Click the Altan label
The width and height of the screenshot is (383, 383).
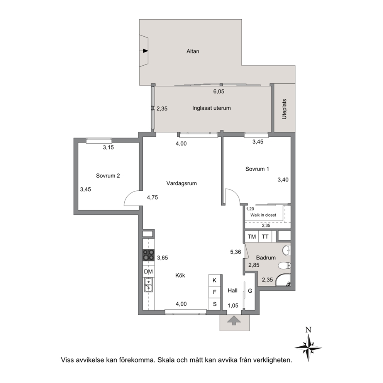pyautogui.click(x=193, y=51)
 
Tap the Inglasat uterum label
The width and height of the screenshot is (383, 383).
pyautogui.click(x=211, y=108)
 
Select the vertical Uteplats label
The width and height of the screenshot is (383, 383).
pyautogui.click(x=284, y=109)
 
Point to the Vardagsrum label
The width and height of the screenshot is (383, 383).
pyautogui.click(x=181, y=183)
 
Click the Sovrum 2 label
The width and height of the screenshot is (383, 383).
pyautogui.click(x=108, y=176)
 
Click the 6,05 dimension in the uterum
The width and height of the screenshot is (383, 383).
pyautogui.click(x=219, y=92)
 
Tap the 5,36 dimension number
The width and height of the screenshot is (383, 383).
pyautogui.click(x=236, y=252)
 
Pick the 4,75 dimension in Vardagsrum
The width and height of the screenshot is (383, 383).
pyautogui.click(x=152, y=197)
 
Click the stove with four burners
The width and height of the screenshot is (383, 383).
pyautogui.click(x=149, y=255)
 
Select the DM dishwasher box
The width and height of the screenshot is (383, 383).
pyautogui.click(x=149, y=272)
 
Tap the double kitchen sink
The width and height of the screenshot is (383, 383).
pyautogui.click(x=148, y=285)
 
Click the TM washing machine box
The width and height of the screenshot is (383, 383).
pyautogui.click(x=252, y=236)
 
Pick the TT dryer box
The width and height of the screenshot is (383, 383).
pyautogui.click(x=265, y=236)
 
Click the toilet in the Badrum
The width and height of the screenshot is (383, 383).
pyautogui.click(x=285, y=265)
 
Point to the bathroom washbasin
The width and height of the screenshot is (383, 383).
pyautogui.click(x=286, y=250)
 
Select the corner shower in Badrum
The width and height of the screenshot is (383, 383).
pyautogui.click(x=283, y=280)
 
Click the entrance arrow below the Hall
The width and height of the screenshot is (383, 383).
pyautogui.click(x=234, y=320)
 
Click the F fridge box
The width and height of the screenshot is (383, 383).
pyautogui.click(x=215, y=292)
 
